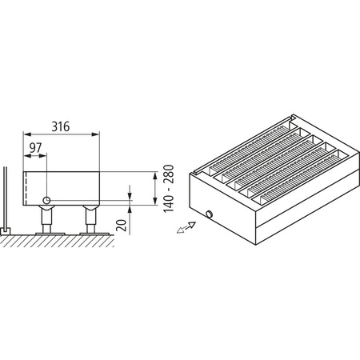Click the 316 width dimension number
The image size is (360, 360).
61,125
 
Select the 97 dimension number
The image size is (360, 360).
35,149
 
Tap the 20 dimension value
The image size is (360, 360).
121,225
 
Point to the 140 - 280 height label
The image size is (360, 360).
168,189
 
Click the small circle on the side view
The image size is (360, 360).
48,198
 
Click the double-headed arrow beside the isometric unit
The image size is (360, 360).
184,229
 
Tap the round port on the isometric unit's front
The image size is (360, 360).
210,214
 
